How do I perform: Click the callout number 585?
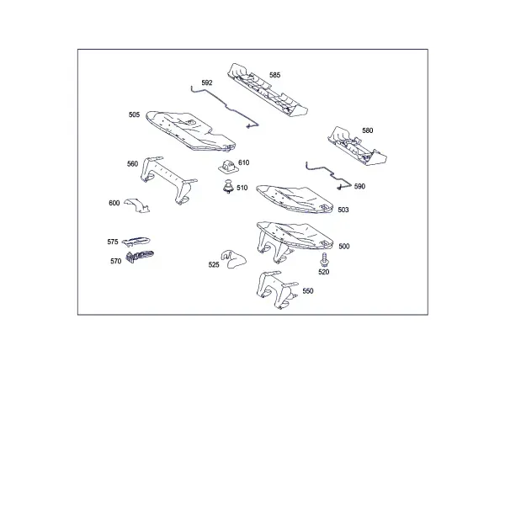click(274, 75)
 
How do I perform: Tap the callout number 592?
click(207, 82)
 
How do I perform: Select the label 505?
click(134, 114)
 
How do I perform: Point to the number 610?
click(244, 162)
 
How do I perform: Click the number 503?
click(343, 210)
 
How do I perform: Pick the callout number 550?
click(308, 291)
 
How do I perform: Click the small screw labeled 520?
click(324, 259)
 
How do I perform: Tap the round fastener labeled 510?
click(228, 187)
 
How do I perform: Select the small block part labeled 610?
click(229, 166)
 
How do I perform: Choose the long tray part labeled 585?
click(268, 91)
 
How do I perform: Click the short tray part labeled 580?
click(357, 146)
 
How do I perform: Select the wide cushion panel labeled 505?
click(190, 131)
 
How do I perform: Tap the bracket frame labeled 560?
click(168, 179)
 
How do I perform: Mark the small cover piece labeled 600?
click(138, 205)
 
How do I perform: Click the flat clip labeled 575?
click(136, 241)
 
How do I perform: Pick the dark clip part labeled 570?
click(139, 257)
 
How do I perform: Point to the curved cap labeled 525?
click(233, 258)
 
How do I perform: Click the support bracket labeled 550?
click(277, 289)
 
